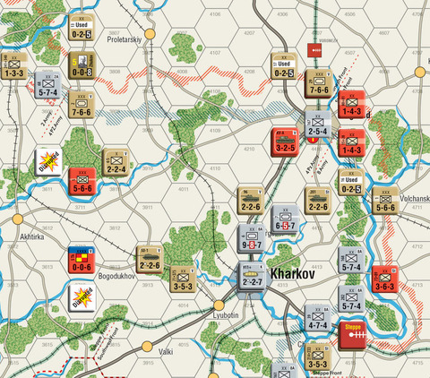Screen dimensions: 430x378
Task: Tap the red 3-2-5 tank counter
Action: pyautogui.click(x=286, y=142)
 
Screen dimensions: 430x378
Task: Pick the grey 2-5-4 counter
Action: pyautogui.click(x=319, y=126)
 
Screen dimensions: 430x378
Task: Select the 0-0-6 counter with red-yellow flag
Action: pyautogui.click(x=82, y=261)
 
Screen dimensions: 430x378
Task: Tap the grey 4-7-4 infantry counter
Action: pyautogui.click(x=319, y=318)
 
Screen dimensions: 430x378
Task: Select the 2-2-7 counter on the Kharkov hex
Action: pyautogui.click(x=252, y=279)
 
